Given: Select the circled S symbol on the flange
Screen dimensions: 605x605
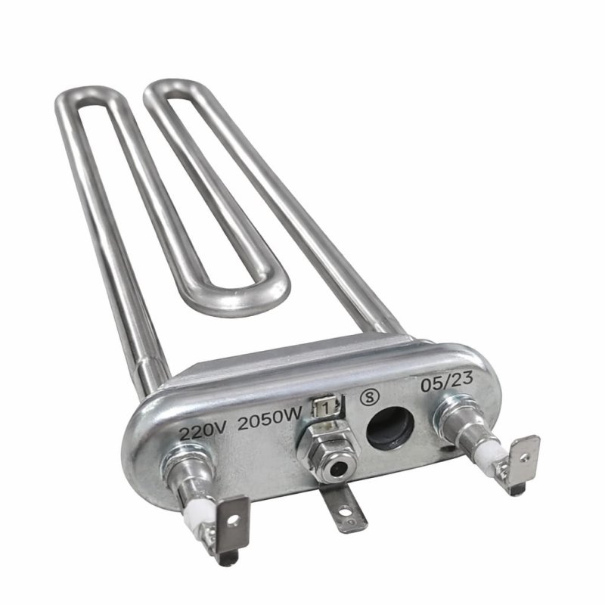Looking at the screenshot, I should coord(370,395).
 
